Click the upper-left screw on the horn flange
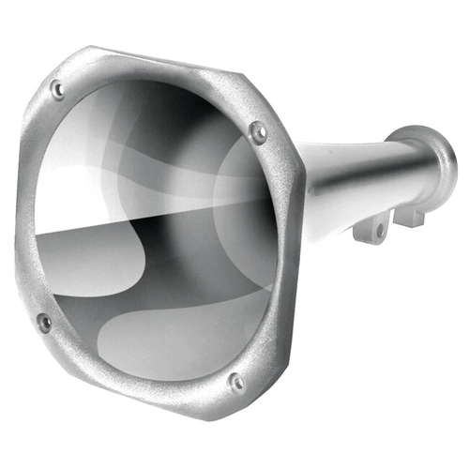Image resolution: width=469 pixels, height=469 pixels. pos(58,90)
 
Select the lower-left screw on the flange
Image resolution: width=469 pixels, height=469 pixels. pos(43,322)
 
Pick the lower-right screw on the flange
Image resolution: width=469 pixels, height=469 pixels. pos(236,382)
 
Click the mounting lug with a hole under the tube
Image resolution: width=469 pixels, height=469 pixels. pos(374,228)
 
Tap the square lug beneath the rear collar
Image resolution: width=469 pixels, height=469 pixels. pos(409,216)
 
